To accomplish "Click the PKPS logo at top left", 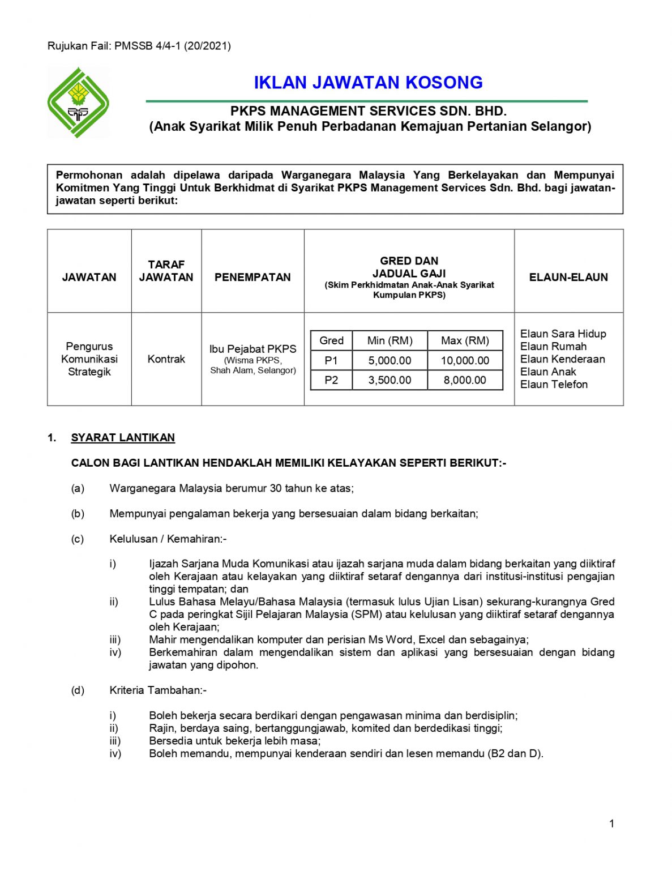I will tap(78, 103).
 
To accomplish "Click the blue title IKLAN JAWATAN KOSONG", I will tap(368, 83).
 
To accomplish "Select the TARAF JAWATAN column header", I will tap(166, 271).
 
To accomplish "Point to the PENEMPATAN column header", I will tap(252, 277).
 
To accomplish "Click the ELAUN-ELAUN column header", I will tap(568, 277).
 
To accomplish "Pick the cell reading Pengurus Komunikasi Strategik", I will tap(89, 359).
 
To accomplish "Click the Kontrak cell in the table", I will tap(166, 359).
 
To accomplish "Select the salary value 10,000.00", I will tap(465, 360).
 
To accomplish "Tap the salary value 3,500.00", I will tap(389, 380).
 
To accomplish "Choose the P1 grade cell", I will tap(331, 360).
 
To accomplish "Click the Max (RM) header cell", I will tap(465, 340).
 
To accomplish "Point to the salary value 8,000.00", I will tap(465, 380).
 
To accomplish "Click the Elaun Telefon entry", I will tap(554, 385).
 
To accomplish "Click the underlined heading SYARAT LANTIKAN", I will tap(123, 438).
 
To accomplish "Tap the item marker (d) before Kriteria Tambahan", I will tap(78, 690).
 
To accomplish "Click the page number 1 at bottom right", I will tap(611, 824).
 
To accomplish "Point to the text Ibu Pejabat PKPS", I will tap(252, 349).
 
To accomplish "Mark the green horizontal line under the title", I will tap(367, 101).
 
